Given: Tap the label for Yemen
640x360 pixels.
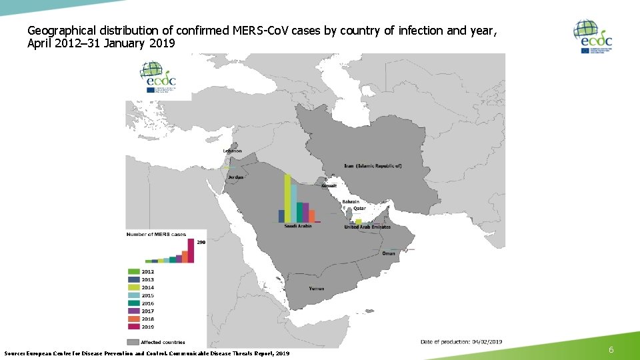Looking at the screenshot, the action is [x=317, y=289].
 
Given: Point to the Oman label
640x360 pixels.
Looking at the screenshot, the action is [x=389, y=253].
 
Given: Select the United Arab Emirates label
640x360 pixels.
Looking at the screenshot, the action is [x=367, y=227].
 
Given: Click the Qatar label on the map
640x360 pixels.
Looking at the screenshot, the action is [x=359, y=209].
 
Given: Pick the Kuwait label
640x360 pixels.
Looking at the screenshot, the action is [x=329, y=186].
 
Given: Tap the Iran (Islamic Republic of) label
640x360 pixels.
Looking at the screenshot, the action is [x=373, y=166].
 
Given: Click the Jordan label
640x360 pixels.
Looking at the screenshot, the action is [x=236, y=177].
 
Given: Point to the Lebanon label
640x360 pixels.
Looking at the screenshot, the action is [x=232, y=151].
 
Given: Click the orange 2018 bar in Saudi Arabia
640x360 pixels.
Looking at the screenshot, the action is [x=312, y=215].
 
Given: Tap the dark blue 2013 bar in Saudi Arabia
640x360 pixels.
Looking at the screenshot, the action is [x=281, y=216].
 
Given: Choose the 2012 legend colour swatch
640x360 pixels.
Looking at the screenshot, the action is [x=133, y=272].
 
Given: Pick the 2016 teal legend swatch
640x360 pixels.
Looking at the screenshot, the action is [x=133, y=303].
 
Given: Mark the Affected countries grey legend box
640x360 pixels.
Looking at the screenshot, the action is [x=133, y=342].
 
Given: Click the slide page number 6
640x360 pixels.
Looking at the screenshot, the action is [x=611, y=349].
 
